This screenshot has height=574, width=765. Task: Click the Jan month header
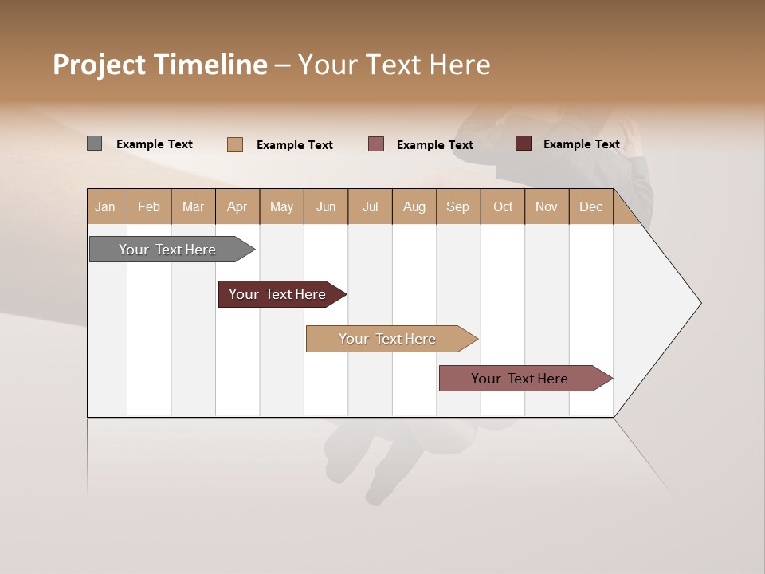[106, 206]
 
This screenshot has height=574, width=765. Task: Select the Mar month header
[193, 206]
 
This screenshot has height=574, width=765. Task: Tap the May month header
[281, 206]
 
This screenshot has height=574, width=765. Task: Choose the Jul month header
[370, 206]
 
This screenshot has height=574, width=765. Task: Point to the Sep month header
[457, 206]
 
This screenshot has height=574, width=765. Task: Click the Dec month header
[590, 206]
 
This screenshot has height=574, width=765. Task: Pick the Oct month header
[503, 206]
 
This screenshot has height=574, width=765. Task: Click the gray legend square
[95, 143]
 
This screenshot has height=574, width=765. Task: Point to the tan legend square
[235, 144]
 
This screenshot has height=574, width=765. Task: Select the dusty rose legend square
[376, 144]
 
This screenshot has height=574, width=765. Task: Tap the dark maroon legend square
[524, 143]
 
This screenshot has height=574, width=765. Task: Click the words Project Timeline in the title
[160, 65]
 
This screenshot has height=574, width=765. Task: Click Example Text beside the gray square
[155, 144]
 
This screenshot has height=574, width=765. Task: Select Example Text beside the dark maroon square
[582, 144]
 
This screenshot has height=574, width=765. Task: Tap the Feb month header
[149, 206]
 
